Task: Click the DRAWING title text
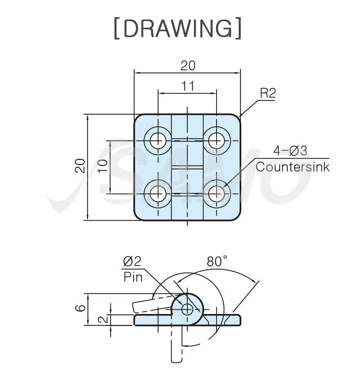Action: coord(177,28)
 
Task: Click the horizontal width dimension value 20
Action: coord(188,66)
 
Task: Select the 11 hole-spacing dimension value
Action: coord(188,86)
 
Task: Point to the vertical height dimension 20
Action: coord(80,166)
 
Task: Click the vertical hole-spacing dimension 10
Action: coord(102,167)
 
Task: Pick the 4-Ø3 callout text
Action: coord(290,150)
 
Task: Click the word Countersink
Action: coord(292,167)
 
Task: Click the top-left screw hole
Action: coord(158,139)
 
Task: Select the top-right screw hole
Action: coord(216,139)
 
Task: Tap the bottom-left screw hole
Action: coord(158,193)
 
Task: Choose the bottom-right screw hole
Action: coord(216,193)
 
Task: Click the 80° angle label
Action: coord(217,262)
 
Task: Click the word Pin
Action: coord(133,277)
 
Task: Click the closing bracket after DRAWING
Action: coord(238,28)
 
